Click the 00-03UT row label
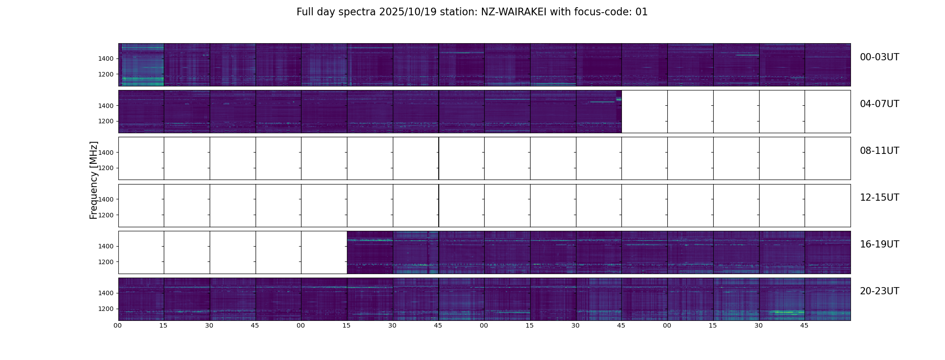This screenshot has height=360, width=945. click(879, 57)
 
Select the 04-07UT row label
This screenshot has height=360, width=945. click(879, 104)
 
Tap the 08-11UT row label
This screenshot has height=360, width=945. click(879, 151)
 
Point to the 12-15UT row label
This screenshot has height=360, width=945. click(879, 198)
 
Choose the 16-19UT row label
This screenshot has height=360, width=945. click(879, 244)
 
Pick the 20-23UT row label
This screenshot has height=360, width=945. click(879, 291)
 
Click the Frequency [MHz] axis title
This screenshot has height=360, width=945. click(94, 180)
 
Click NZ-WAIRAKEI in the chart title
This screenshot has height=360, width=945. click(514, 12)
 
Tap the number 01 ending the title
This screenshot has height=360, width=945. click(642, 12)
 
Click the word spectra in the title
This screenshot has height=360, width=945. click(357, 12)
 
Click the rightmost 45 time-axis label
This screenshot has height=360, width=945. click(804, 325)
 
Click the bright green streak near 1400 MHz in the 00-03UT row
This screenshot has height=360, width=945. click(747, 55)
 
